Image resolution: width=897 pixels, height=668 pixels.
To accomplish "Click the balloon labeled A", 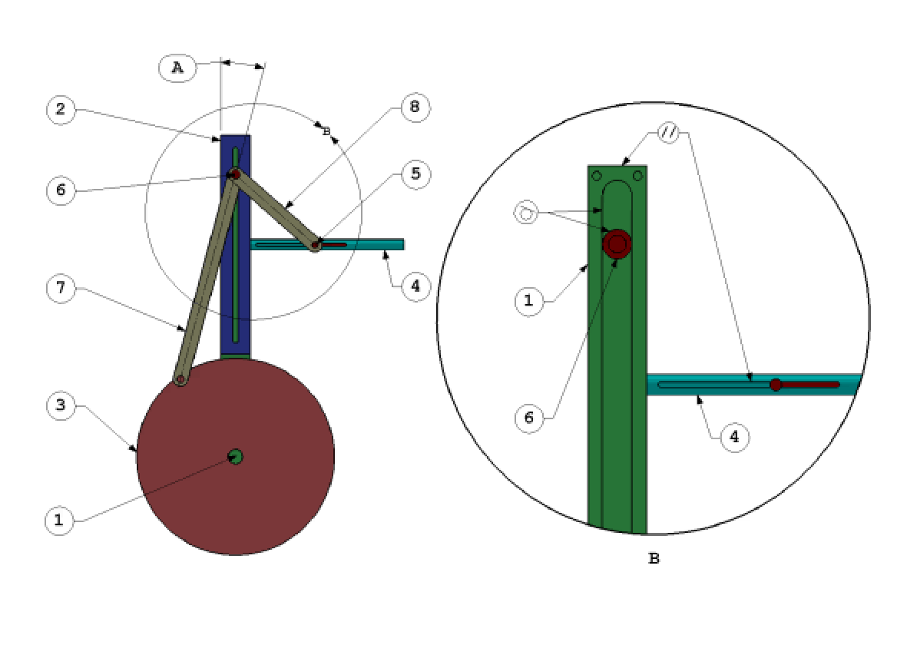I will pyautogui.click(x=177, y=68).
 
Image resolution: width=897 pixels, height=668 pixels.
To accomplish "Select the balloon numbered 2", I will pyautogui.click(x=61, y=110).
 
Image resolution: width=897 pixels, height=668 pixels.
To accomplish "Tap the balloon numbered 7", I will pyautogui.click(x=61, y=289).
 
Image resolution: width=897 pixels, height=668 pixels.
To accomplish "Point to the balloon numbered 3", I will pyautogui.click(x=61, y=405).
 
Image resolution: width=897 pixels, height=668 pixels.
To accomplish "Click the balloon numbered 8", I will pyautogui.click(x=415, y=107).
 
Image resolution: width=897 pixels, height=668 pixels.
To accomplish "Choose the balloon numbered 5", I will pyautogui.click(x=415, y=174).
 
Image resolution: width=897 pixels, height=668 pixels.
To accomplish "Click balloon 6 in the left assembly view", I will pyautogui.click(x=61, y=190).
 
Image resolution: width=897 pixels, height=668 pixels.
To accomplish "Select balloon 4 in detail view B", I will pyautogui.click(x=735, y=438).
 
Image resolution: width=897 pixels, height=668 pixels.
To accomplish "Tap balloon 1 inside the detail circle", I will pyautogui.click(x=528, y=301).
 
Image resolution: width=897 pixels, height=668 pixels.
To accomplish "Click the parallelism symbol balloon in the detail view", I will pyautogui.click(x=669, y=133).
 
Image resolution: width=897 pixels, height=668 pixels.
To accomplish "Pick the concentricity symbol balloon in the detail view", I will pyautogui.click(x=527, y=213).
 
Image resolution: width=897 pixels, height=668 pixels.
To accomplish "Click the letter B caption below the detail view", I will pyautogui.click(x=654, y=559).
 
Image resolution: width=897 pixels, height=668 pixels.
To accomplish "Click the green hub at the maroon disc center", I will pyautogui.click(x=236, y=457).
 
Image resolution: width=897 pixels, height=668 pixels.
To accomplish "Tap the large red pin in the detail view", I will pyautogui.click(x=617, y=244).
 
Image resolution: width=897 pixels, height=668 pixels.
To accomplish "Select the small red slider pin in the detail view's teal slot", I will pyautogui.click(x=776, y=384).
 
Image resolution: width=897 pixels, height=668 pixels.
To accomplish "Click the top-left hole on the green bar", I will pyautogui.click(x=597, y=176).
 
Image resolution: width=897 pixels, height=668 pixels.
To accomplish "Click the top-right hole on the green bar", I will pyautogui.click(x=637, y=176).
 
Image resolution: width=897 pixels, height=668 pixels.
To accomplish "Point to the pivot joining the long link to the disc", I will pyautogui.click(x=180, y=379).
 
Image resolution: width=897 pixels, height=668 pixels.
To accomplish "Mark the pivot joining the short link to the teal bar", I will pyautogui.click(x=315, y=246).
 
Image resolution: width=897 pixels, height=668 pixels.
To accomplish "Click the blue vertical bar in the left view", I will pyautogui.click(x=227, y=307).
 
